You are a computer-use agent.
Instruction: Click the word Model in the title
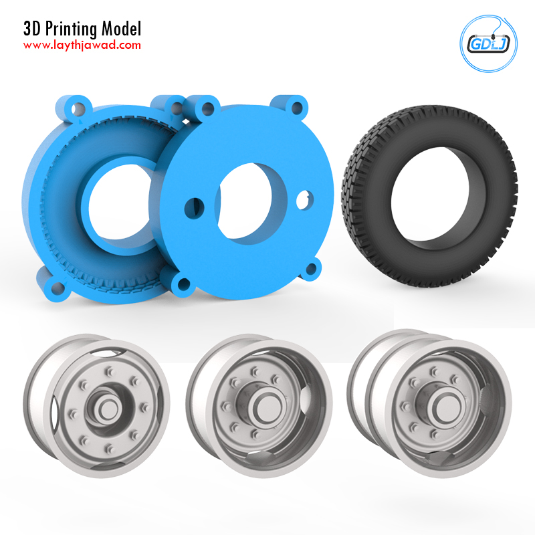click(121, 29)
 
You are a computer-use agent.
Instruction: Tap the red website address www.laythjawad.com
click(82, 45)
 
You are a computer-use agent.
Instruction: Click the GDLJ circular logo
click(488, 43)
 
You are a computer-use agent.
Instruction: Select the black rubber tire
click(429, 195)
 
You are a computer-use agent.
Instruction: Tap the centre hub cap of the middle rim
click(267, 407)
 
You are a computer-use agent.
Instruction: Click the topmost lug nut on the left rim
click(110, 371)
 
